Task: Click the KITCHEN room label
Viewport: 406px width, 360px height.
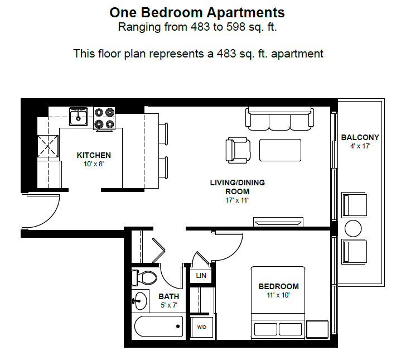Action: click(x=94, y=155)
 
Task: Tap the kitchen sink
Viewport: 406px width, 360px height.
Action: click(x=78, y=117)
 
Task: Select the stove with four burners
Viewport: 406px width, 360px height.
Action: click(x=104, y=118)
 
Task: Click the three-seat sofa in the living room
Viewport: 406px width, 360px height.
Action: click(x=281, y=118)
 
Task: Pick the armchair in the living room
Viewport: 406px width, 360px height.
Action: click(x=237, y=150)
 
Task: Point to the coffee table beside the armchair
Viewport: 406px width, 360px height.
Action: click(x=280, y=150)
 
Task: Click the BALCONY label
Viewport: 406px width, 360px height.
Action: click(x=360, y=137)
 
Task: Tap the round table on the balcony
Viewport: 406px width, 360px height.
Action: click(x=354, y=229)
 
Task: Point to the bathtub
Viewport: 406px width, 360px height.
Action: click(x=158, y=326)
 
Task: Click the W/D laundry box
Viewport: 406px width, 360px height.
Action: click(x=201, y=327)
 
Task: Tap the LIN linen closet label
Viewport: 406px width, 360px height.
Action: click(x=201, y=276)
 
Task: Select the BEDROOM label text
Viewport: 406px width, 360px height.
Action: click(x=278, y=286)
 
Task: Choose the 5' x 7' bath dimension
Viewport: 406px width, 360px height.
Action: click(x=168, y=305)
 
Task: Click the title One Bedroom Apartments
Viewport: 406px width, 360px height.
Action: click(x=197, y=12)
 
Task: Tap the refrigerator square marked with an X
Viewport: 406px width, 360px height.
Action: click(x=48, y=146)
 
